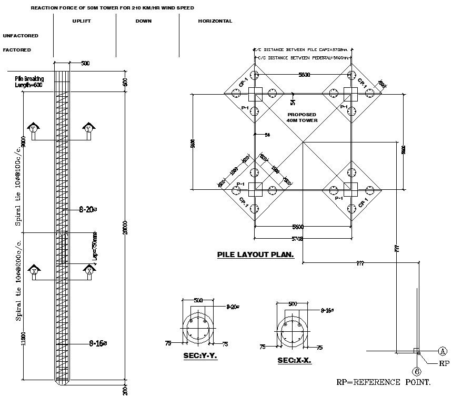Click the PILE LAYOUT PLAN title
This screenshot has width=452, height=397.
coord(255,255)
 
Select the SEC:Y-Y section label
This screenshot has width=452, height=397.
coord(200,356)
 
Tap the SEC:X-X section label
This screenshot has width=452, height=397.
coord(294,361)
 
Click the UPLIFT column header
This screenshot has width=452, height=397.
coord(82,22)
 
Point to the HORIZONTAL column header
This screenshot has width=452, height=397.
coord(215,22)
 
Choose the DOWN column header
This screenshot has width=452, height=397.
coord(143,22)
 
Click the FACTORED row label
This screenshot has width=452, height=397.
coord(17,50)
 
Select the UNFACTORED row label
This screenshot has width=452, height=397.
coord(21,36)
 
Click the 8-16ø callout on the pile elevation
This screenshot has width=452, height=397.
coord(98,343)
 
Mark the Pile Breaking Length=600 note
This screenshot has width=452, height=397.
coord(29,82)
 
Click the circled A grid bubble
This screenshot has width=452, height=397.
coord(443,351)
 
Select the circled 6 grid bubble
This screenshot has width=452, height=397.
coord(417,371)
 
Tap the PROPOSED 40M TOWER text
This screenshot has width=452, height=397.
coord(302,117)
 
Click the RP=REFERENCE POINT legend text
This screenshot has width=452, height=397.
coord(384,382)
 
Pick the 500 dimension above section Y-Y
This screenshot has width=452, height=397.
coord(198,300)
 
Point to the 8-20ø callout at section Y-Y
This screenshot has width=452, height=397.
coord(233,306)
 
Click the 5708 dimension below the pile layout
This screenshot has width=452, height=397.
coord(297,239)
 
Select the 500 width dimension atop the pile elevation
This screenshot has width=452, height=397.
coord(85,63)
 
